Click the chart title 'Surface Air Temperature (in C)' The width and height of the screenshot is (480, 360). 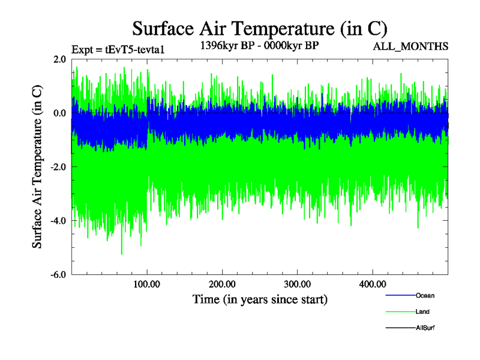pyautogui.click(x=260, y=28)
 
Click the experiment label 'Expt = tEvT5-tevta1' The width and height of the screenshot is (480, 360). pyautogui.click(x=118, y=50)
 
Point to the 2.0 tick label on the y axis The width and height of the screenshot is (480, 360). pyautogui.click(x=59, y=59)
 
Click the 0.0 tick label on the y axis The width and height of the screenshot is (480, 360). pyautogui.click(x=59, y=113)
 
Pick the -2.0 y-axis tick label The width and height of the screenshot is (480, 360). pyautogui.click(x=58, y=167)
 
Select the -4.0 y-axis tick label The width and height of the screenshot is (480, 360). pyautogui.click(x=58, y=221)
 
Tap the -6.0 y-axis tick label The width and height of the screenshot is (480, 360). pyautogui.click(x=58, y=275)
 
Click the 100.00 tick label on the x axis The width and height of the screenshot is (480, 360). pyautogui.click(x=147, y=284)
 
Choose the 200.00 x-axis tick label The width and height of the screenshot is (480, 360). pyautogui.click(x=222, y=284)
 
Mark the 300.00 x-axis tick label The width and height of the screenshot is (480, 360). pyautogui.click(x=297, y=284)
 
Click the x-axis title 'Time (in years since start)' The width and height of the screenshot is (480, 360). pyautogui.click(x=260, y=299)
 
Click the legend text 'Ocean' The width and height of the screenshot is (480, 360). pyautogui.click(x=425, y=296)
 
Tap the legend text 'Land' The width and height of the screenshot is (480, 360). pyautogui.click(x=422, y=312)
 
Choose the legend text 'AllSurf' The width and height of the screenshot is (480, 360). pyautogui.click(x=425, y=328)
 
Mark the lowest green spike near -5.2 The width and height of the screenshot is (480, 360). pyautogui.click(x=122, y=254)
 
